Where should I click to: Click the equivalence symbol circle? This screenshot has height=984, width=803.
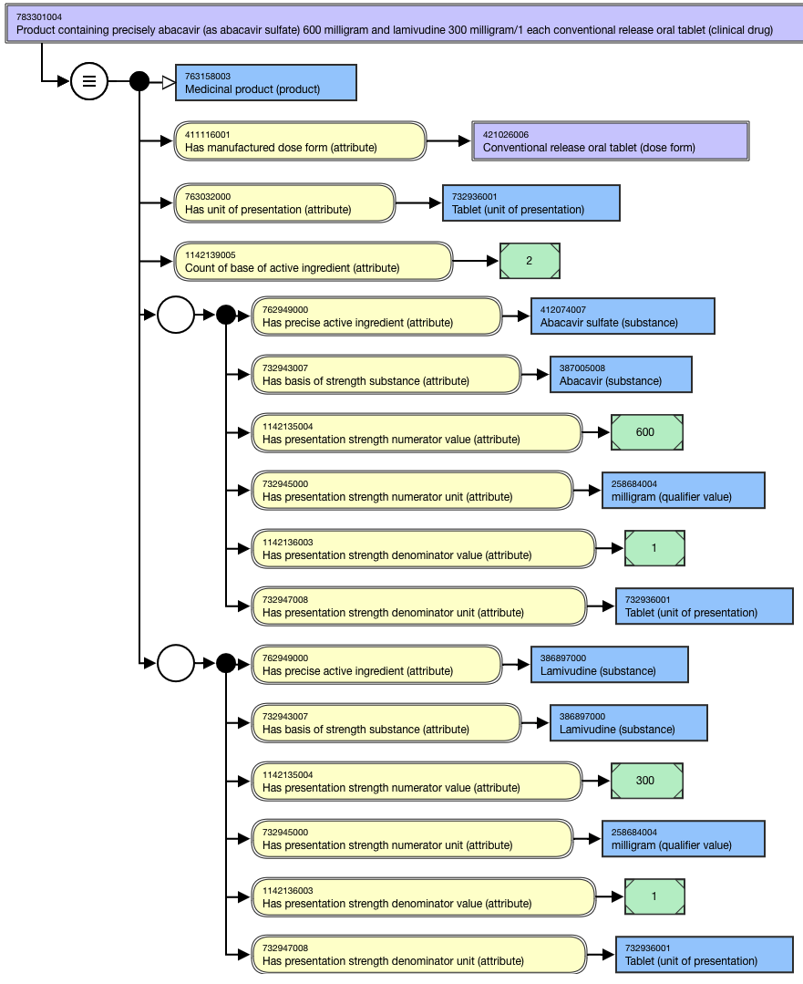(89, 81)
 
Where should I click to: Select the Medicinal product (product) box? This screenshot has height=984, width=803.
(266, 82)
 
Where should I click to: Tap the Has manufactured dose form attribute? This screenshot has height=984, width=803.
(300, 141)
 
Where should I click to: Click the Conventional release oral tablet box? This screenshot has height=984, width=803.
(611, 141)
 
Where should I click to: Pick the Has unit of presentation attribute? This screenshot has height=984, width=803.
(284, 202)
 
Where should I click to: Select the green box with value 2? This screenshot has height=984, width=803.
(530, 261)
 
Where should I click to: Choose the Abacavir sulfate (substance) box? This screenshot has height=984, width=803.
(623, 316)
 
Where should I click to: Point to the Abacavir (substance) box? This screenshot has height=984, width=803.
(621, 375)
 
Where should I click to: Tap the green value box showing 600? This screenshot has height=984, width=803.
(647, 432)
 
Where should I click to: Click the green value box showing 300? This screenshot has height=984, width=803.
(647, 781)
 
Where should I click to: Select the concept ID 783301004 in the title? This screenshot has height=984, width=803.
(39, 17)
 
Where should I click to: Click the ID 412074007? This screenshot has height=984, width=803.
(562, 309)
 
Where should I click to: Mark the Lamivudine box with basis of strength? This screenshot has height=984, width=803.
(629, 723)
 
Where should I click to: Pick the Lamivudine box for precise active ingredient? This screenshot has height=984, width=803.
(609, 665)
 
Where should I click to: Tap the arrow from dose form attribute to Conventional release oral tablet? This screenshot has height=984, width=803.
(448, 141)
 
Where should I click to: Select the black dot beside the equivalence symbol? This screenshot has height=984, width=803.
(139, 81)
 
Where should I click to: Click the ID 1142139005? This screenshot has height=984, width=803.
(211, 254)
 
